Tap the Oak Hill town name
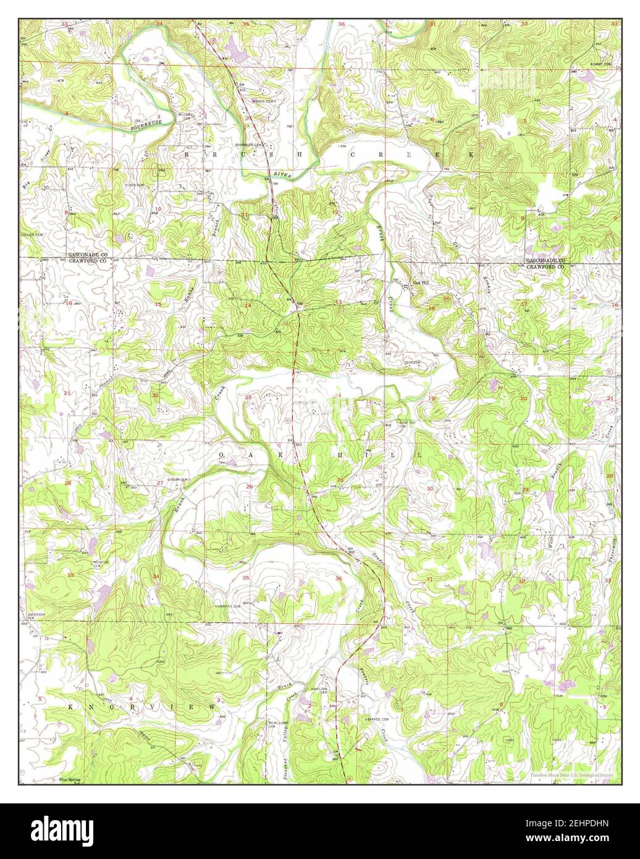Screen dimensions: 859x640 point(421,285)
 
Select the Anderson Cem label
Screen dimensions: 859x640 point(36,617)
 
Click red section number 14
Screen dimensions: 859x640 point(248,305)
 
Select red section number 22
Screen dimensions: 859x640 point(155,396)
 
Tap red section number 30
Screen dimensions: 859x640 point(430,489)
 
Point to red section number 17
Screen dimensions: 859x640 point(524,303)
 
